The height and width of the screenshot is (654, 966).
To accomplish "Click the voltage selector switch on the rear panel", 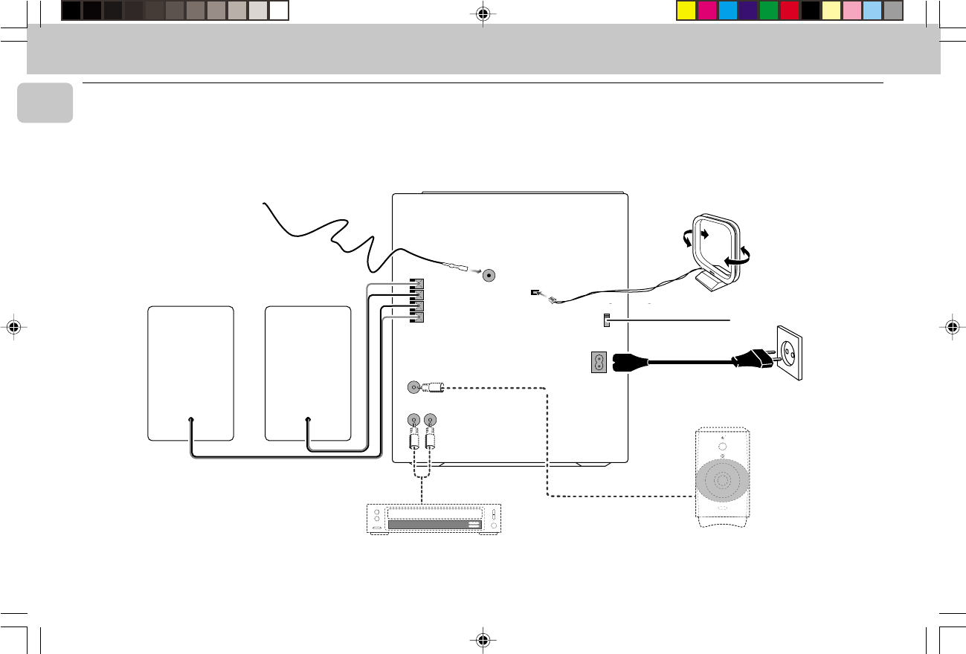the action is point(607,321).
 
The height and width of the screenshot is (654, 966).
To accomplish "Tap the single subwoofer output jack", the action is point(414,387).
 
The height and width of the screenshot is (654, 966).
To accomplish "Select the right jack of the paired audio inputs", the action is point(431,420).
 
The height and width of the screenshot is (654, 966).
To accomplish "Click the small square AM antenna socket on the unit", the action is point(534,293).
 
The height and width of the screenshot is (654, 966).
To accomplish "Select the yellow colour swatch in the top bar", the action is point(686,10).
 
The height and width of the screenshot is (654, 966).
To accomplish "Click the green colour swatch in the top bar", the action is point(768,10).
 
